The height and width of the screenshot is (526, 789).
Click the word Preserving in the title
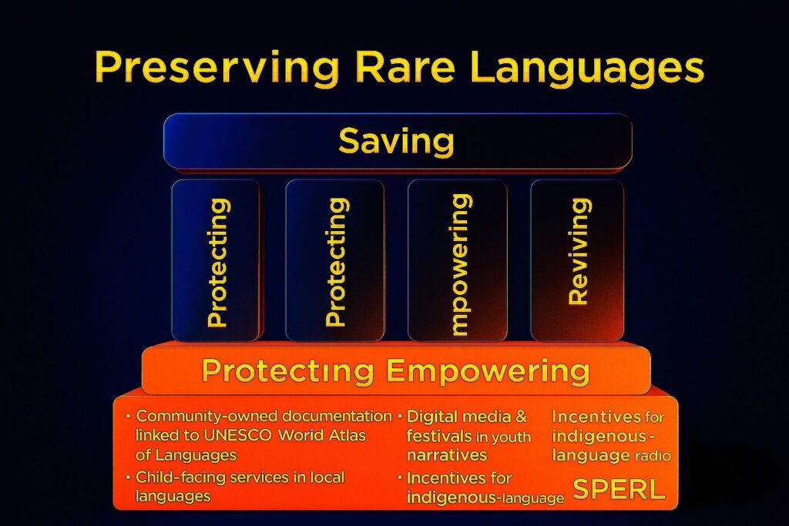click(x=217, y=68)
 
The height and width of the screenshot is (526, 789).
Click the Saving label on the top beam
click(x=397, y=141)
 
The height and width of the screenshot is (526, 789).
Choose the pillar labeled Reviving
click(x=577, y=260)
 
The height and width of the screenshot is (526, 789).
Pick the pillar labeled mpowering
click(x=458, y=260)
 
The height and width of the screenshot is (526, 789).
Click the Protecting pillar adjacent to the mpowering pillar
click(x=334, y=260)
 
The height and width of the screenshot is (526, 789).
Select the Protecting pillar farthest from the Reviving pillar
click(x=217, y=260)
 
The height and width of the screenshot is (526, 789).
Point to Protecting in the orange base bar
click(x=288, y=371)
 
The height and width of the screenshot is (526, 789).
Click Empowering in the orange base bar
click(x=488, y=371)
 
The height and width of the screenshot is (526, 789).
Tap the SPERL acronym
click(x=619, y=489)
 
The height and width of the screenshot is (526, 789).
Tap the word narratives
click(x=447, y=455)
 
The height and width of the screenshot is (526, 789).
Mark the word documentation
click(x=337, y=416)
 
